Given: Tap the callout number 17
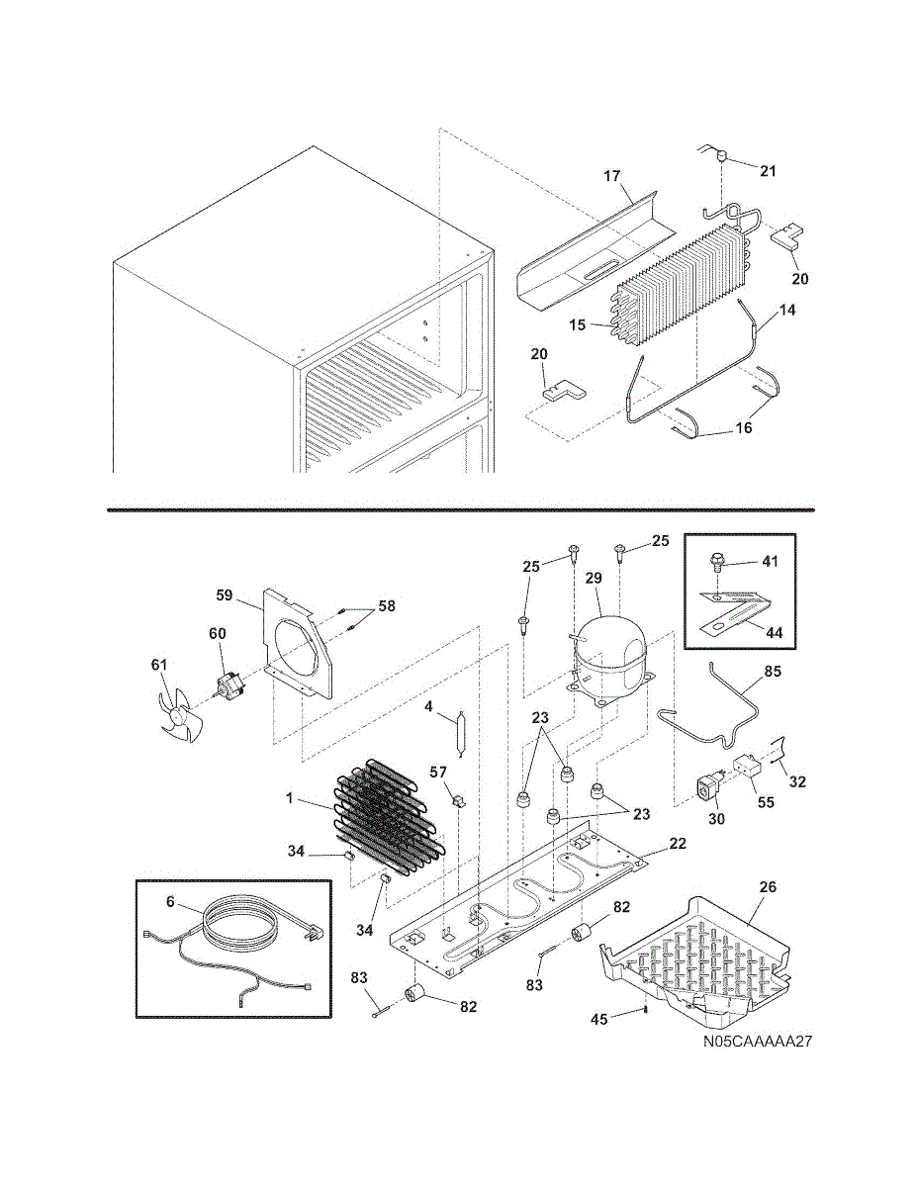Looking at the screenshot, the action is [612, 176].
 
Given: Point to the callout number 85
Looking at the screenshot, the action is [773, 671].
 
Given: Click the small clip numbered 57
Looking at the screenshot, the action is [459, 801].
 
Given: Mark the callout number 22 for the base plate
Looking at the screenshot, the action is [677, 844].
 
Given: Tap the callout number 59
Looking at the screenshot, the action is [225, 594].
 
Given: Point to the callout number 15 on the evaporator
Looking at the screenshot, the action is [577, 325].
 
